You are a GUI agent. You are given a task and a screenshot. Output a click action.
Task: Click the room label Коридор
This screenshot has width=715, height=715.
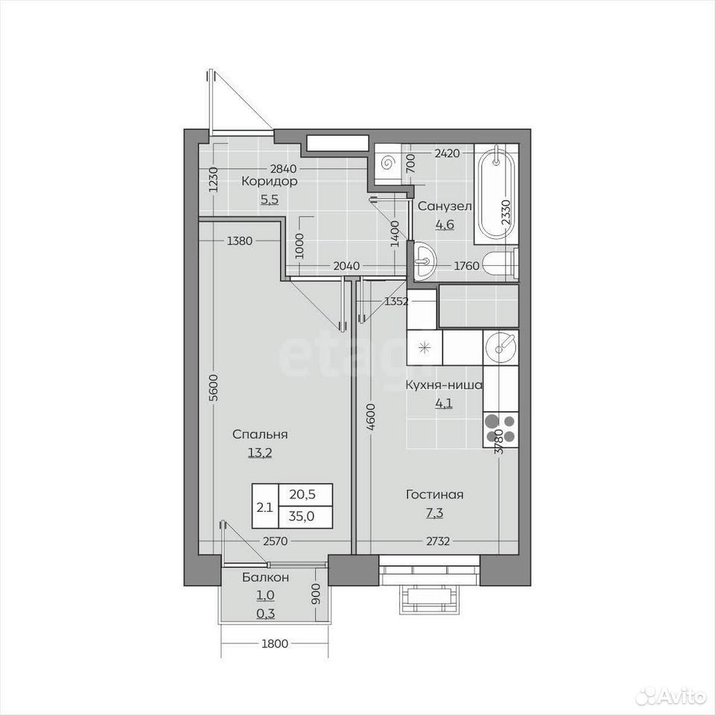270,182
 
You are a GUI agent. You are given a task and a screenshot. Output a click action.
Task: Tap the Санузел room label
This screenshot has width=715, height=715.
445,206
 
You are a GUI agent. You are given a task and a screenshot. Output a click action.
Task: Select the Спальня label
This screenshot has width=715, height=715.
260,434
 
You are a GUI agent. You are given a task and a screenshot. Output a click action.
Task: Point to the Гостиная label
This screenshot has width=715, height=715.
434,495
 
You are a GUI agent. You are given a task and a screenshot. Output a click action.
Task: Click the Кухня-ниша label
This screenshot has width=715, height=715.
444,385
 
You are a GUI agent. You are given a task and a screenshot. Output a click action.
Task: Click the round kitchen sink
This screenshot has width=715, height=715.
500,348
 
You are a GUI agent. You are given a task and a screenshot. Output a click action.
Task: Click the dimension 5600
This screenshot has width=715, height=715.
214,387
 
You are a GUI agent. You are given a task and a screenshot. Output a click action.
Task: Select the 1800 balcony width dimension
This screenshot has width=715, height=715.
275,643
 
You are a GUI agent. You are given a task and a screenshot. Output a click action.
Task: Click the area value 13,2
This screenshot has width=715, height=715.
260,452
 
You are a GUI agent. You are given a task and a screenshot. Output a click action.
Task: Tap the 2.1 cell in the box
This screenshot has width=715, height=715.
264,506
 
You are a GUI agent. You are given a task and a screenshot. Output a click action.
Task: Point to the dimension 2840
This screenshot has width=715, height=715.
284,169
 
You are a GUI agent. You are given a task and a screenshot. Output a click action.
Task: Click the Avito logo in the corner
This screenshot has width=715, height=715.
674,696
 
